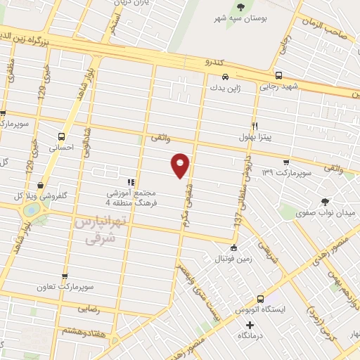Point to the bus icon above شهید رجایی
click(x=278, y=75)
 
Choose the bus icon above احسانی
click(x=63, y=136)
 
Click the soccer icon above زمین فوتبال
click(x=233, y=247)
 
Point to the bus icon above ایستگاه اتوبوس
click(x=260, y=298)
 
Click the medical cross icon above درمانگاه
click(x=250, y=324)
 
